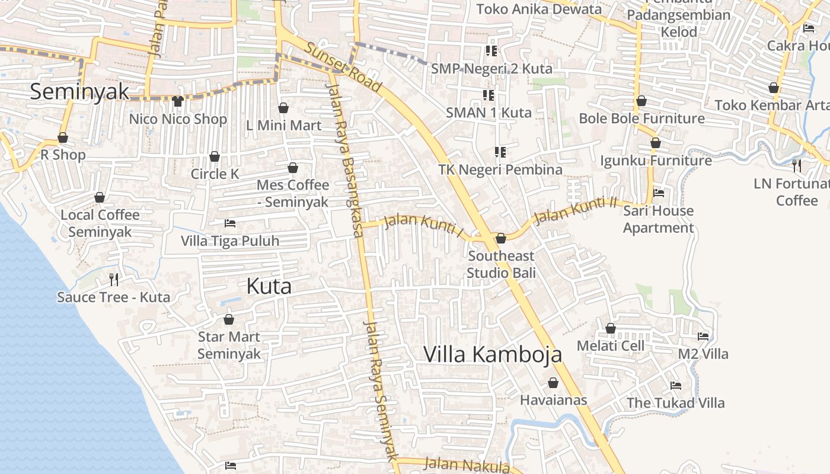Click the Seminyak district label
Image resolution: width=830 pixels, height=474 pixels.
pos(79,92)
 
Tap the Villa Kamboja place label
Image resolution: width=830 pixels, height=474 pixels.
pos(493,354)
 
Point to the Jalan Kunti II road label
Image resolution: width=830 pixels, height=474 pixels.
pos(576,210)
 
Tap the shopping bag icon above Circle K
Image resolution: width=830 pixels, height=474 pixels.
pos(215,156)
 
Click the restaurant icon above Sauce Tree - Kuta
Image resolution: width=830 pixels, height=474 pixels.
pos(114,279)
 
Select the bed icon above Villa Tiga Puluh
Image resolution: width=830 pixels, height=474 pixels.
pos(230,223)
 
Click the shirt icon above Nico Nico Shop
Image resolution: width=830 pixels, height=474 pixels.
pos(178,101)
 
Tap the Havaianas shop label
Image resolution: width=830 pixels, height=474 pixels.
pos(553,400)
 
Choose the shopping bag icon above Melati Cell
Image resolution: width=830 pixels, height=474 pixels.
pos(611,328)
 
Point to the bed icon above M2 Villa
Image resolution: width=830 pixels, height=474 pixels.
pos(703,337)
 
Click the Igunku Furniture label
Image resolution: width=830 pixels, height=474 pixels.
pos(656,161)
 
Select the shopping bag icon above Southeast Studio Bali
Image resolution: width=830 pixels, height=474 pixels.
pos(501,238)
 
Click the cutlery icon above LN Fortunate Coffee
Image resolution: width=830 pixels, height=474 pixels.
pos(797,165)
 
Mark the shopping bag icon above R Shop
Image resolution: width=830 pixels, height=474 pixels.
pos(63,138)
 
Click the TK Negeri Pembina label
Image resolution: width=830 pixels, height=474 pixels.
pos(500,169)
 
